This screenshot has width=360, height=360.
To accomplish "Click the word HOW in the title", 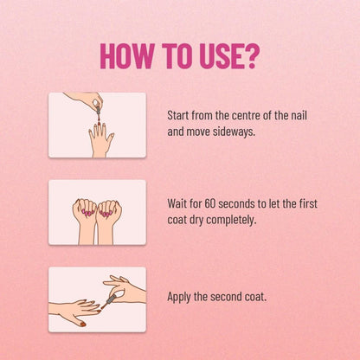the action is coord(127,56).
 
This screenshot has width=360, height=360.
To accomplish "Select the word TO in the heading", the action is coord(177,56).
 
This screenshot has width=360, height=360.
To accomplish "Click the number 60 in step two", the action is coord(210,203).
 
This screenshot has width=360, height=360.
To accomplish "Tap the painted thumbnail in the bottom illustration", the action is coord(83,325).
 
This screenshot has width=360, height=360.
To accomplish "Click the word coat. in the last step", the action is coord(255,297).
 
